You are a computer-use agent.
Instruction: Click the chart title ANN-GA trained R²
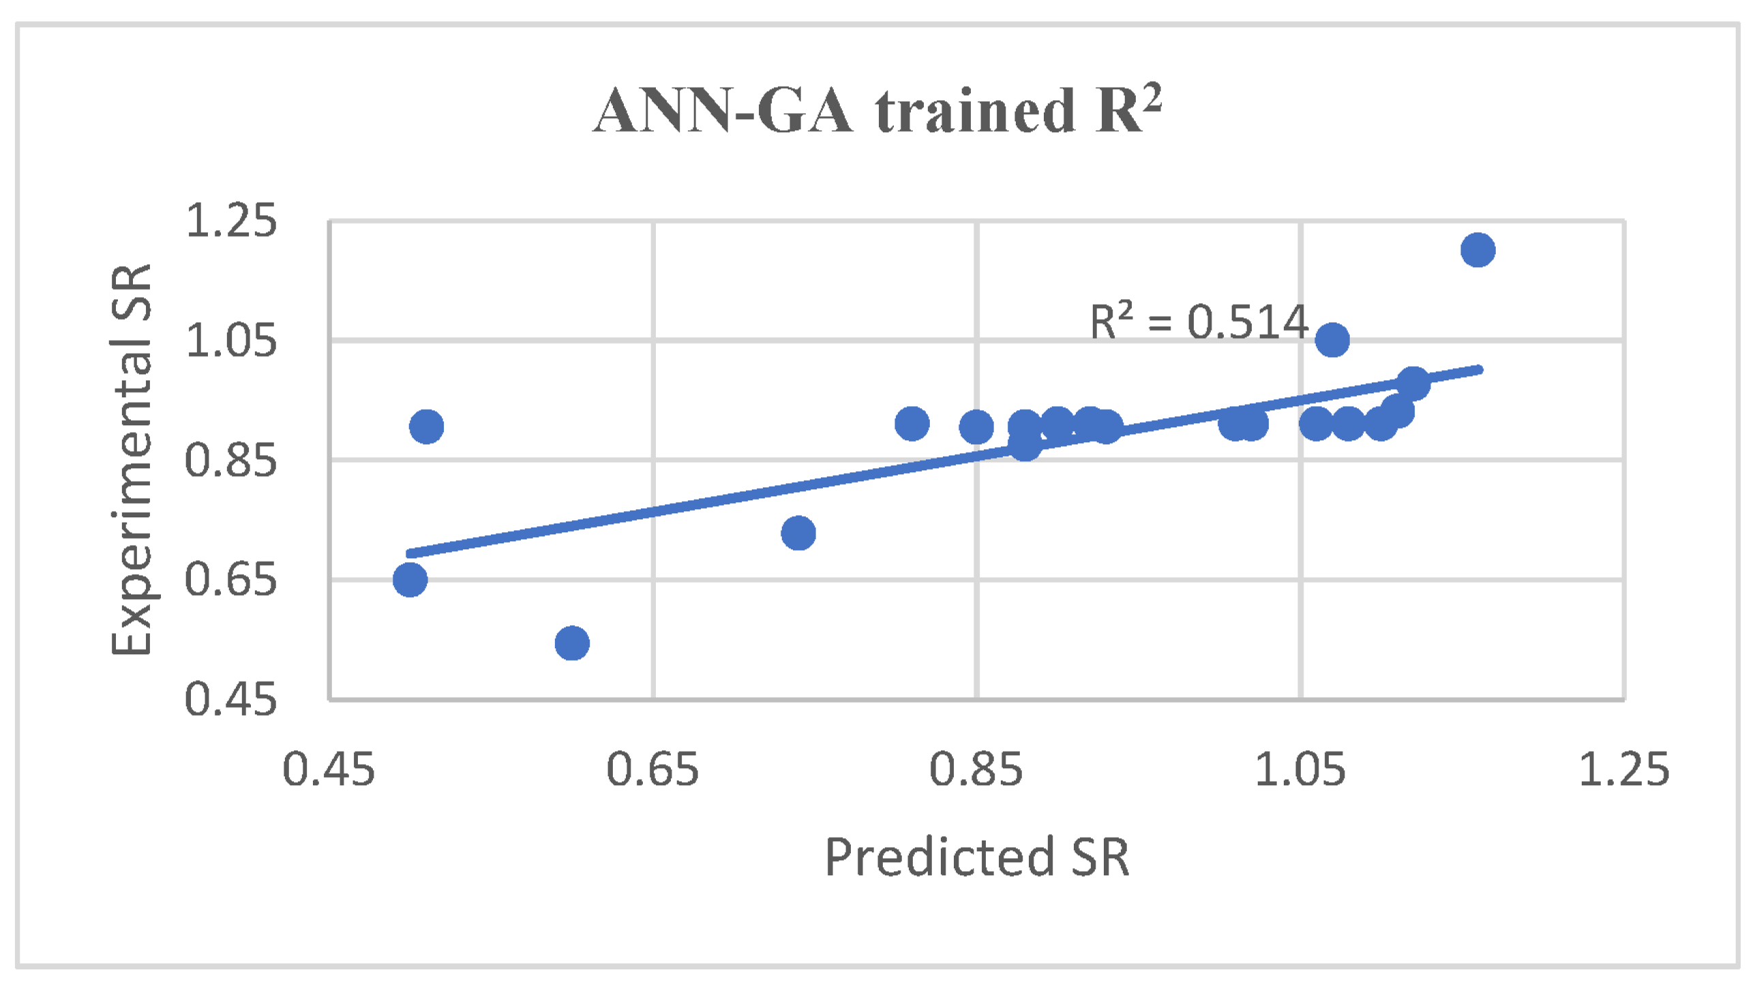tap(877, 110)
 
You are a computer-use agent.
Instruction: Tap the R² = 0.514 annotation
tap(1199, 322)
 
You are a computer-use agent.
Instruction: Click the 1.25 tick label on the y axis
tap(231, 221)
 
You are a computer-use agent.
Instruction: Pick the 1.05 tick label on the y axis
tap(231, 340)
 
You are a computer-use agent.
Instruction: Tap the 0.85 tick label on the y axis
tap(231, 460)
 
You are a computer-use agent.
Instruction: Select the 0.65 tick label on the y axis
tap(231, 579)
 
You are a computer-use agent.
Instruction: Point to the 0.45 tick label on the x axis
tap(329, 770)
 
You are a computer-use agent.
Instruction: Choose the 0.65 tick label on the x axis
tap(652, 770)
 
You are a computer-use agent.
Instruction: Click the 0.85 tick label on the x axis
tap(976, 770)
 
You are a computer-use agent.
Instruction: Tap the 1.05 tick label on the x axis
tap(1300, 770)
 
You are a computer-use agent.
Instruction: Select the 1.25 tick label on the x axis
tap(1624, 770)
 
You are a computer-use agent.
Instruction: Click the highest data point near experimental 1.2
tap(1477, 250)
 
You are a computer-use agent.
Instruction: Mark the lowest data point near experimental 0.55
tap(572, 643)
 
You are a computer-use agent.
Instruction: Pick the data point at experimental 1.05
tap(1332, 340)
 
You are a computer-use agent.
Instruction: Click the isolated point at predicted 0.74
tap(798, 533)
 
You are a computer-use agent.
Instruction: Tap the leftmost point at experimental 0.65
tap(410, 580)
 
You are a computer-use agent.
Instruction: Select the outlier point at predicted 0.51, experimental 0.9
tap(427, 427)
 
